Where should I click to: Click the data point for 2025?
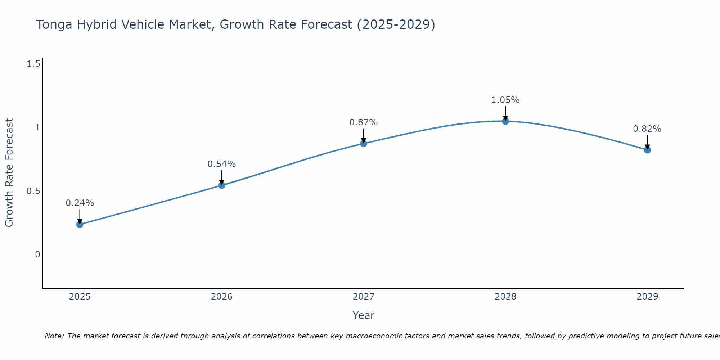click(80, 224)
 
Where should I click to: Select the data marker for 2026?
click(222, 185)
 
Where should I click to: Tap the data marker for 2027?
click(364, 144)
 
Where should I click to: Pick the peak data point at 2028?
click(505, 121)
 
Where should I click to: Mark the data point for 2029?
click(647, 150)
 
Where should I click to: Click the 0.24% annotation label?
click(80, 203)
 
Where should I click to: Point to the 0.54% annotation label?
click(222, 164)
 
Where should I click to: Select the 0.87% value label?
click(364, 122)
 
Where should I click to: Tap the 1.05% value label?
click(505, 100)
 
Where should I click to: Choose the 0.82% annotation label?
click(647, 129)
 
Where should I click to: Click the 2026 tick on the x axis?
click(222, 297)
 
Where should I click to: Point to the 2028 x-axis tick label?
click(505, 297)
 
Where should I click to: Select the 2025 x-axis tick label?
click(80, 297)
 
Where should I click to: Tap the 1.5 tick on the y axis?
click(33, 64)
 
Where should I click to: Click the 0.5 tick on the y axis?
click(33, 191)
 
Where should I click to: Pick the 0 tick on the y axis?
click(37, 255)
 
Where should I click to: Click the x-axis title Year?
click(364, 315)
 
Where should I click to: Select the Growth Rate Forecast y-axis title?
click(9, 173)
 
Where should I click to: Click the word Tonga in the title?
click(54, 24)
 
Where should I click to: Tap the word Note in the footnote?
click(54, 336)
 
